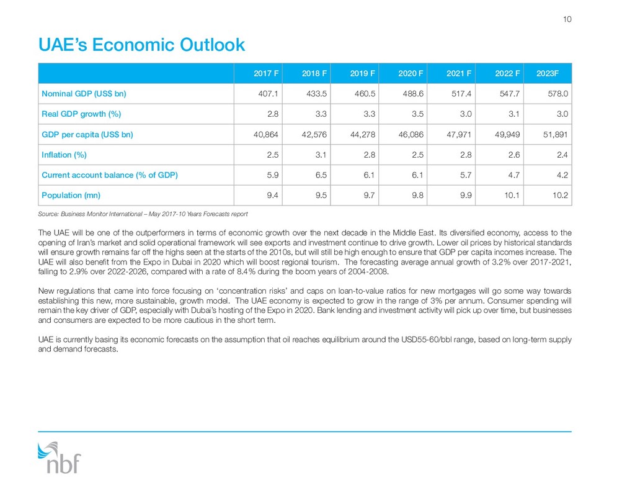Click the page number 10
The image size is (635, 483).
click(x=567, y=19)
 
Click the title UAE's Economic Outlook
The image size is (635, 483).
click(x=141, y=45)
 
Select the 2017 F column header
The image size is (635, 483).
click(x=266, y=73)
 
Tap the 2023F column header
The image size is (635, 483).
click(x=548, y=73)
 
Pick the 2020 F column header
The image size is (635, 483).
click(x=411, y=73)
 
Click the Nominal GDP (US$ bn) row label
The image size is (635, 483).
click(x=84, y=94)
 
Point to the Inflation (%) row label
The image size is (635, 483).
click(x=64, y=155)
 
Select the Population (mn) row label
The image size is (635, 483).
click(x=71, y=195)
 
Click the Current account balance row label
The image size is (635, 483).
click(x=110, y=175)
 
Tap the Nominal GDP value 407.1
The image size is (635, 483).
click(x=268, y=94)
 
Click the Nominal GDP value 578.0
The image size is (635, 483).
click(x=557, y=94)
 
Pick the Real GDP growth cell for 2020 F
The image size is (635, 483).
click(x=417, y=114)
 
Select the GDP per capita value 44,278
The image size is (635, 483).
click(x=362, y=134)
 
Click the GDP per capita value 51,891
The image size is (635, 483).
click(x=555, y=134)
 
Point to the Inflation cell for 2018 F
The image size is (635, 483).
click(x=321, y=155)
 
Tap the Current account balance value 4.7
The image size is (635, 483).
click(x=514, y=175)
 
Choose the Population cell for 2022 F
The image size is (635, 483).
click(x=512, y=195)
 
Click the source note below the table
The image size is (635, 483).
click(x=143, y=214)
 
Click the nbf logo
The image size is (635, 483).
click(x=59, y=458)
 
